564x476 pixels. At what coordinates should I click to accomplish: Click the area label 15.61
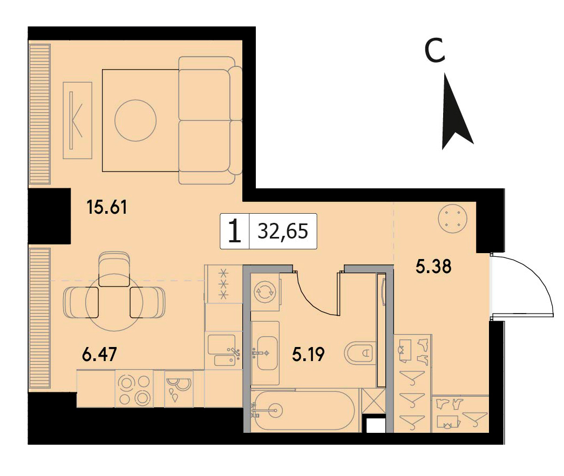(107, 207)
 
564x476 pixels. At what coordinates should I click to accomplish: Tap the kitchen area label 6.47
(100, 355)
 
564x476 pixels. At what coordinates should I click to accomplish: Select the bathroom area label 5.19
(309, 355)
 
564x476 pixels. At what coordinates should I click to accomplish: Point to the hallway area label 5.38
(433, 267)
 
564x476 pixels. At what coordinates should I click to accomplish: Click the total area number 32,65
(283, 231)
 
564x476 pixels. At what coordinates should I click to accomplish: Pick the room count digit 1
(235, 232)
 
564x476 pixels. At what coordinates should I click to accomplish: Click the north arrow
(456, 111)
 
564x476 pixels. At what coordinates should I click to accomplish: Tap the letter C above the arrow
(435, 50)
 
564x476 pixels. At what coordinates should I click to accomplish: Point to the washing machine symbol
(265, 291)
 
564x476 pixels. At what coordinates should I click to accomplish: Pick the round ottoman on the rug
(135, 120)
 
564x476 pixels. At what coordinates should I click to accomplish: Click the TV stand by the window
(77, 120)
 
